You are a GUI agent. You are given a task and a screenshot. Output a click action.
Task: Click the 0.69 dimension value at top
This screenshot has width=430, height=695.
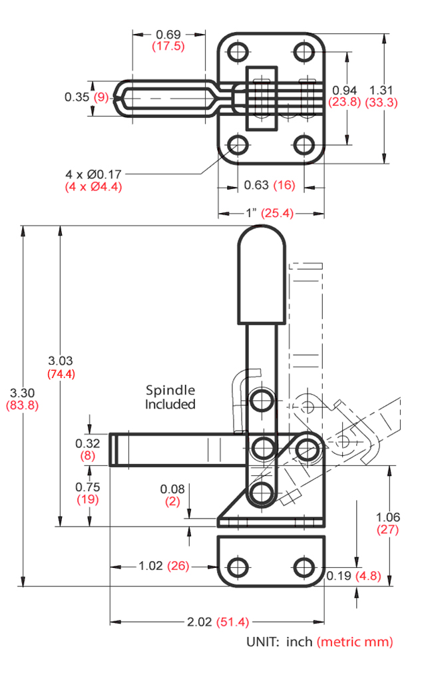pyautogui.click(x=168, y=35)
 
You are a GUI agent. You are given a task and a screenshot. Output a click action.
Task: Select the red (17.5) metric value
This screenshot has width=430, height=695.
pyautogui.click(x=168, y=46)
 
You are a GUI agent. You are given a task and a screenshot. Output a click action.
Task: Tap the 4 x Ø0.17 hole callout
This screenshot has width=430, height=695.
pyautogui.click(x=93, y=174)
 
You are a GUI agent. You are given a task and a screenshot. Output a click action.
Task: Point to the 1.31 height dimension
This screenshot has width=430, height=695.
pyautogui.click(x=381, y=91)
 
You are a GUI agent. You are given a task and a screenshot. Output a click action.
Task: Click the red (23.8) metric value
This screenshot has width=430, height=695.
pyautogui.click(x=344, y=103)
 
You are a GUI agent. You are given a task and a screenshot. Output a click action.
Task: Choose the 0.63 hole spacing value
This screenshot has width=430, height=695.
pyautogui.click(x=256, y=185)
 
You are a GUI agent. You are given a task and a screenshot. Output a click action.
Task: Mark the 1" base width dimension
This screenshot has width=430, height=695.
pyautogui.click(x=252, y=213)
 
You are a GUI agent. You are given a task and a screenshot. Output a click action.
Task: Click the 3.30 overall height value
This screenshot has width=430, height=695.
pyautogui.click(x=22, y=393)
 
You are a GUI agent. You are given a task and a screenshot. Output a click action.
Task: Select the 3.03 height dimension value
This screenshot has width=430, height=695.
pyautogui.click(x=61, y=361)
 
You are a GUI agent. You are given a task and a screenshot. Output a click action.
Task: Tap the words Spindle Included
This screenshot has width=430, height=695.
pyautogui.click(x=170, y=397)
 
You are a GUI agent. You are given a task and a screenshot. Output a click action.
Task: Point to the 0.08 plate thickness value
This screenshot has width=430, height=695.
pyautogui.click(x=172, y=489)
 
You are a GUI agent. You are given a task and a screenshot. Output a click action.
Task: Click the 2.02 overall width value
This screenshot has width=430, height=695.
pyautogui.click(x=200, y=622)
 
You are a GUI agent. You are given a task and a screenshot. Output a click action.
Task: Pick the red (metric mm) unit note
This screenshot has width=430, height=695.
pyautogui.click(x=355, y=642)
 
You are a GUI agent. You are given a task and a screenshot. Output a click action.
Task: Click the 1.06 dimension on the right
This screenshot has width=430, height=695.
pyautogui.click(x=388, y=517)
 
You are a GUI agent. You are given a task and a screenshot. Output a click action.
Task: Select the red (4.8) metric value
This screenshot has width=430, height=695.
pyautogui.click(x=368, y=576)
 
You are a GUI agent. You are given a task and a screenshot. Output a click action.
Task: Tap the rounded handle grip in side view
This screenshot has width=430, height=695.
pyautogui.click(x=262, y=275)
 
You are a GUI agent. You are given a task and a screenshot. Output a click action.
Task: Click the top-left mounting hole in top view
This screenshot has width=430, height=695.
pyautogui.click(x=238, y=52)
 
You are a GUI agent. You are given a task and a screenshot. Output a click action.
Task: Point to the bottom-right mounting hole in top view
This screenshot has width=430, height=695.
pyautogui.click(x=304, y=144)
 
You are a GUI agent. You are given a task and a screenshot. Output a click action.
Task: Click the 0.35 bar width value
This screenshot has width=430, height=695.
pyautogui.click(x=77, y=97)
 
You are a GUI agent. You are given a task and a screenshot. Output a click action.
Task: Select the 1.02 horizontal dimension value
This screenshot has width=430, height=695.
pyautogui.click(x=150, y=566)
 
